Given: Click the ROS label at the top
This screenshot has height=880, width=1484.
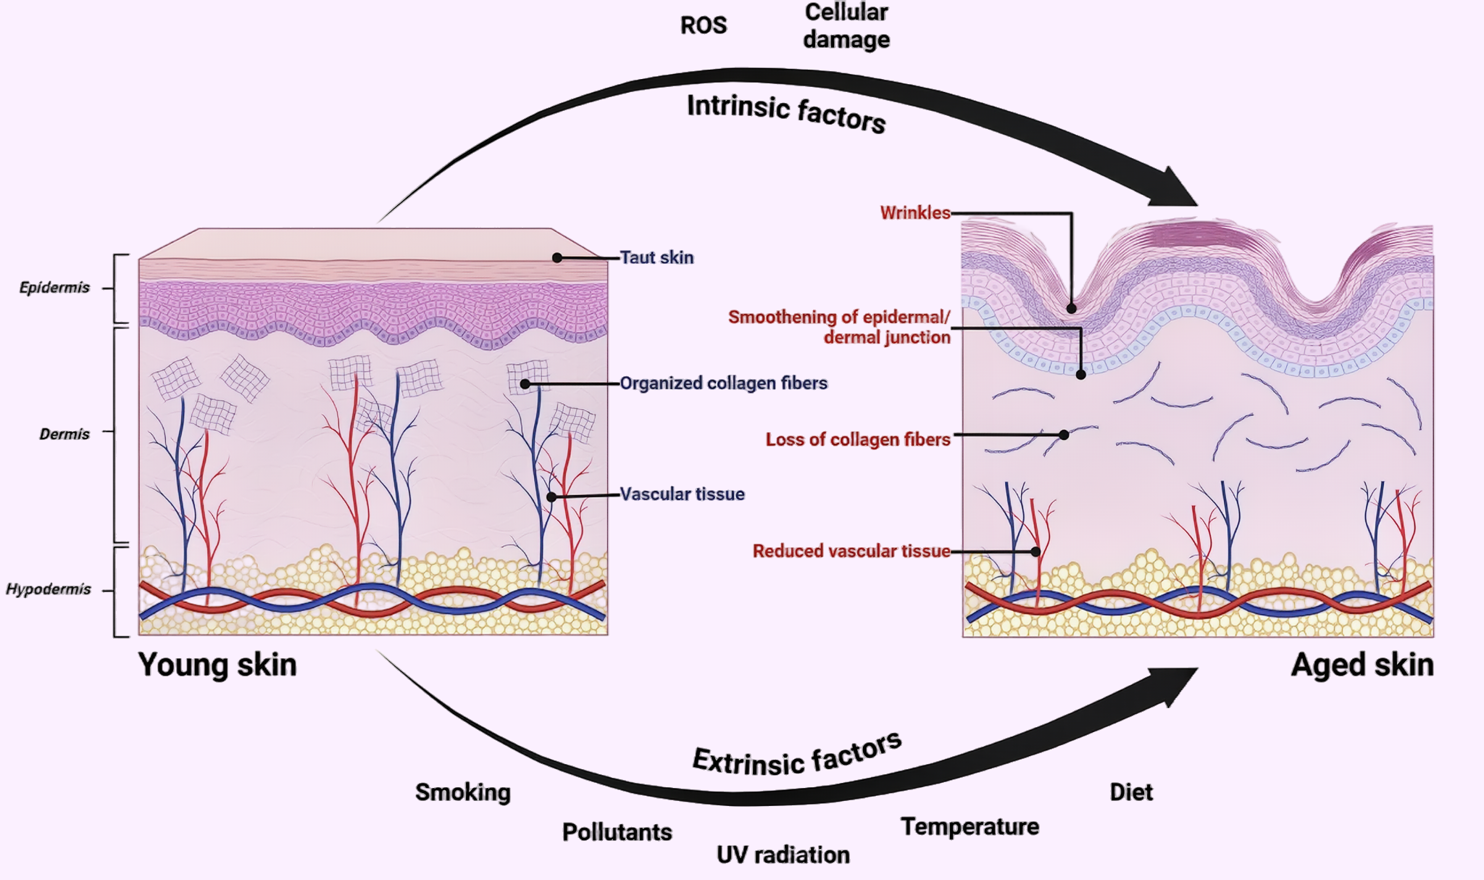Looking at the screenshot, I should pyautogui.click(x=703, y=25).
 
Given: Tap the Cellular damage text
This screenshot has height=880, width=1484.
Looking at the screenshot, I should pyautogui.click(x=846, y=26).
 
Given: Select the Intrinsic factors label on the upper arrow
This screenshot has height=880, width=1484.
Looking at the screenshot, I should pyautogui.click(x=786, y=113).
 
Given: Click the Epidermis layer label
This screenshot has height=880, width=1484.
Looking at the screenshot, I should pyautogui.click(x=54, y=288).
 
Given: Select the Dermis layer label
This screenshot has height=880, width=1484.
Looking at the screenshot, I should pyautogui.click(x=64, y=434).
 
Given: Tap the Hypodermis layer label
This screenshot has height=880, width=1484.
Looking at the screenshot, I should pyautogui.click(x=49, y=589).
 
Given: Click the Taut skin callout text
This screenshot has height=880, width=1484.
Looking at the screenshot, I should pyautogui.click(x=656, y=257).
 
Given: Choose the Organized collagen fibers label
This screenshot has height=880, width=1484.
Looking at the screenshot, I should pyautogui.click(x=723, y=383).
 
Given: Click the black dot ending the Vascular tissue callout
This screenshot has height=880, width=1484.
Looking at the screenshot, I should pyautogui.click(x=551, y=497).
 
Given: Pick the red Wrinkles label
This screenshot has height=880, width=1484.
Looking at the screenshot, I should pyautogui.click(x=914, y=212).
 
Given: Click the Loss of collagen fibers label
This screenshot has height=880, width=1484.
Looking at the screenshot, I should pyautogui.click(x=857, y=439).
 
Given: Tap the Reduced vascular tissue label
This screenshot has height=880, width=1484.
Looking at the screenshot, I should pyautogui.click(x=851, y=551).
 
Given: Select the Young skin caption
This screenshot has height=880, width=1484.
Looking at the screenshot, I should pyautogui.click(x=217, y=665).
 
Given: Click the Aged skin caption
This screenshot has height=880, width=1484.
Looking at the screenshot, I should pyautogui.click(x=1362, y=665).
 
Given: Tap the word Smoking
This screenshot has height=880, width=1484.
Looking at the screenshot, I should pyautogui.click(x=462, y=792).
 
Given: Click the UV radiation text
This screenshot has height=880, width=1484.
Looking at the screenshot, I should pyautogui.click(x=783, y=855).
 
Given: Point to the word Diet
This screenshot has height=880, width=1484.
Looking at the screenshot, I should pyautogui.click(x=1130, y=792).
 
